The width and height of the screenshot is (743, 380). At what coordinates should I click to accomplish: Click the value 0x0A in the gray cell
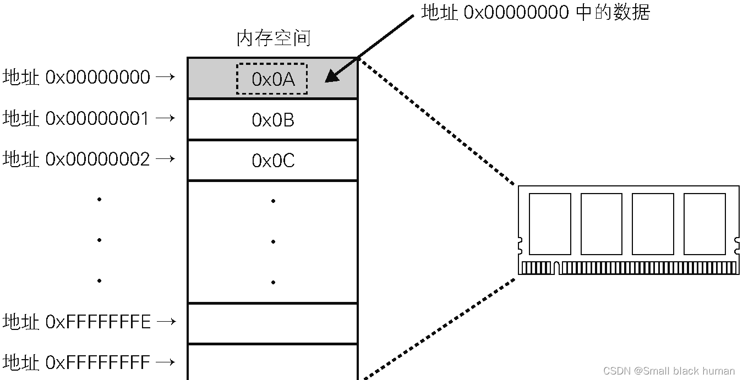[x=273, y=79]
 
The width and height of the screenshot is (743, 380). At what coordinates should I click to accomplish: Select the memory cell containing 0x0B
[x=273, y=120]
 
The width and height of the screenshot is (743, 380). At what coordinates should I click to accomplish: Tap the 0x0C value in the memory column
[x=273, y=161]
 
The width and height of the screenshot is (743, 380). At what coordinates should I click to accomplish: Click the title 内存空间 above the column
[x=274, y=38]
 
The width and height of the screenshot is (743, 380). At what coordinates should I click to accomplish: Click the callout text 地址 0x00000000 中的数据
[x=536, y=12]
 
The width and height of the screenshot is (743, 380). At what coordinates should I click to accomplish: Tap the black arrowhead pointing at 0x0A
[x=332, y=76]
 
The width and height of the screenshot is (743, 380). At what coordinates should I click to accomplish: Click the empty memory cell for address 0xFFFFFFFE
[x=273, y=323]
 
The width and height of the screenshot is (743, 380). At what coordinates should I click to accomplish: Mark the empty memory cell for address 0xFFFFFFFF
[x=273, y=362]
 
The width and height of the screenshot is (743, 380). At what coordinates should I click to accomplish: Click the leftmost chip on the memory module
[x=550, y=224]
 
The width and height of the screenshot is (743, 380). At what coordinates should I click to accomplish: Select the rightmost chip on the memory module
[x=704, y=224]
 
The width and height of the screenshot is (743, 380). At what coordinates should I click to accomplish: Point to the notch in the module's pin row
[x=556, y=268]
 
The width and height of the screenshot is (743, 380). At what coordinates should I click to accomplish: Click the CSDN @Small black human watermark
[x=669, y=371]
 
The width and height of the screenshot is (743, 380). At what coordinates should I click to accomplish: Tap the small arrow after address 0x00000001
[x=165, y=118]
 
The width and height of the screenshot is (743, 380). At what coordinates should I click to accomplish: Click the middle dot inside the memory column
[x=273, y=241]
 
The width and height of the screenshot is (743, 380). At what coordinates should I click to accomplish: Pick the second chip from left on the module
[x=602, y=224]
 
